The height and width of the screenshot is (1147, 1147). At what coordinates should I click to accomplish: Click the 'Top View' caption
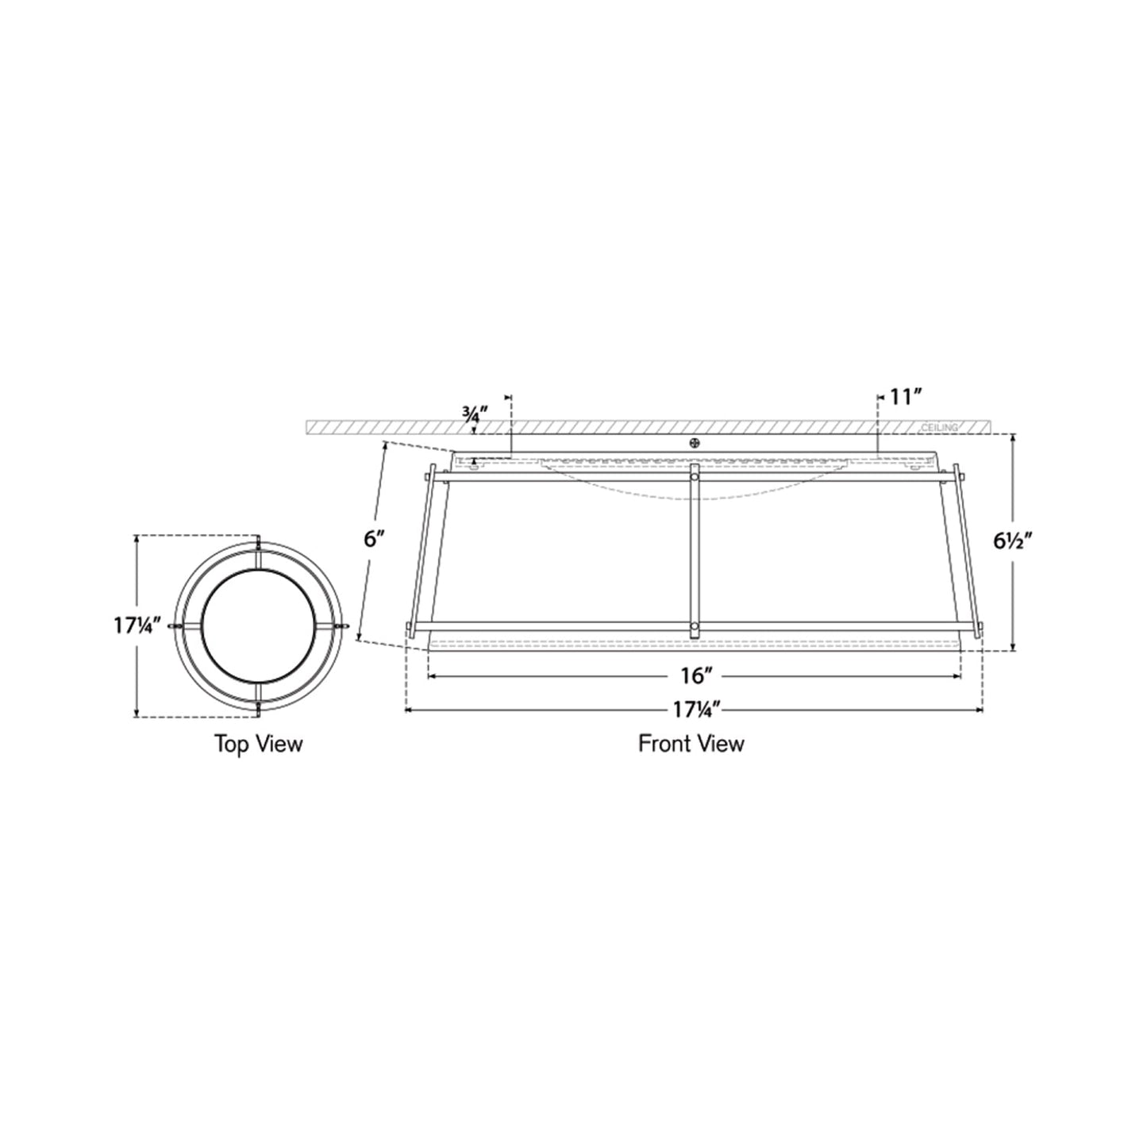click(x=258, y=744)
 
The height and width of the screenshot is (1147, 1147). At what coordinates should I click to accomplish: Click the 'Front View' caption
click(x=691, y=744)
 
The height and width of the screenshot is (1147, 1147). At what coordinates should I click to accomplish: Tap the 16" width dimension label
click(x=694, y=676)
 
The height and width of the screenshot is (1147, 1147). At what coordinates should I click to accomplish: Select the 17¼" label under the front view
click(x=693, y=710)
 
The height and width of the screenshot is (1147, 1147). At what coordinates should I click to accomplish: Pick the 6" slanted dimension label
click(x=374, y=539)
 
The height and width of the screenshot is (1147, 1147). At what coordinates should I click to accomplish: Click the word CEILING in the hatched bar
click(x=939, y=427)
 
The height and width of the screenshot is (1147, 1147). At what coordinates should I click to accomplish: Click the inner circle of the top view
click(x=259, y=625)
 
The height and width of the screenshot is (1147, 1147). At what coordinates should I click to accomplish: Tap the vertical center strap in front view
click(x=695, y=548)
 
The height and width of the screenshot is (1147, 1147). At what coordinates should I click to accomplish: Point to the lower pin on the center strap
click(x=695, y=627)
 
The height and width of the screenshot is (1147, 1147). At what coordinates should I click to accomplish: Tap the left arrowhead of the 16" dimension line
click(x=431, y=676)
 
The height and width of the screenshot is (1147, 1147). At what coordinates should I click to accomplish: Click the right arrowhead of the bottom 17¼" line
click(x=981, y=710)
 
